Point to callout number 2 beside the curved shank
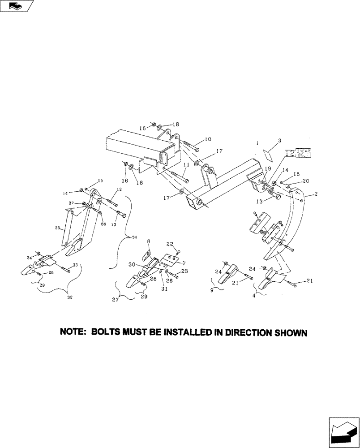(x=316, y=194)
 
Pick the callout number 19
(x=268, y=169)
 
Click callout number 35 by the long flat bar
(x=57, y=228)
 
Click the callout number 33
(x=74, y=266)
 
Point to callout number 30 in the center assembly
(x=133, y=264)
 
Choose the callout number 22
(x=170, y=244)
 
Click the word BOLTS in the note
(x=108, y=333)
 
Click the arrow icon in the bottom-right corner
(x=343, y=432)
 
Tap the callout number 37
(x=71, y=203)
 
